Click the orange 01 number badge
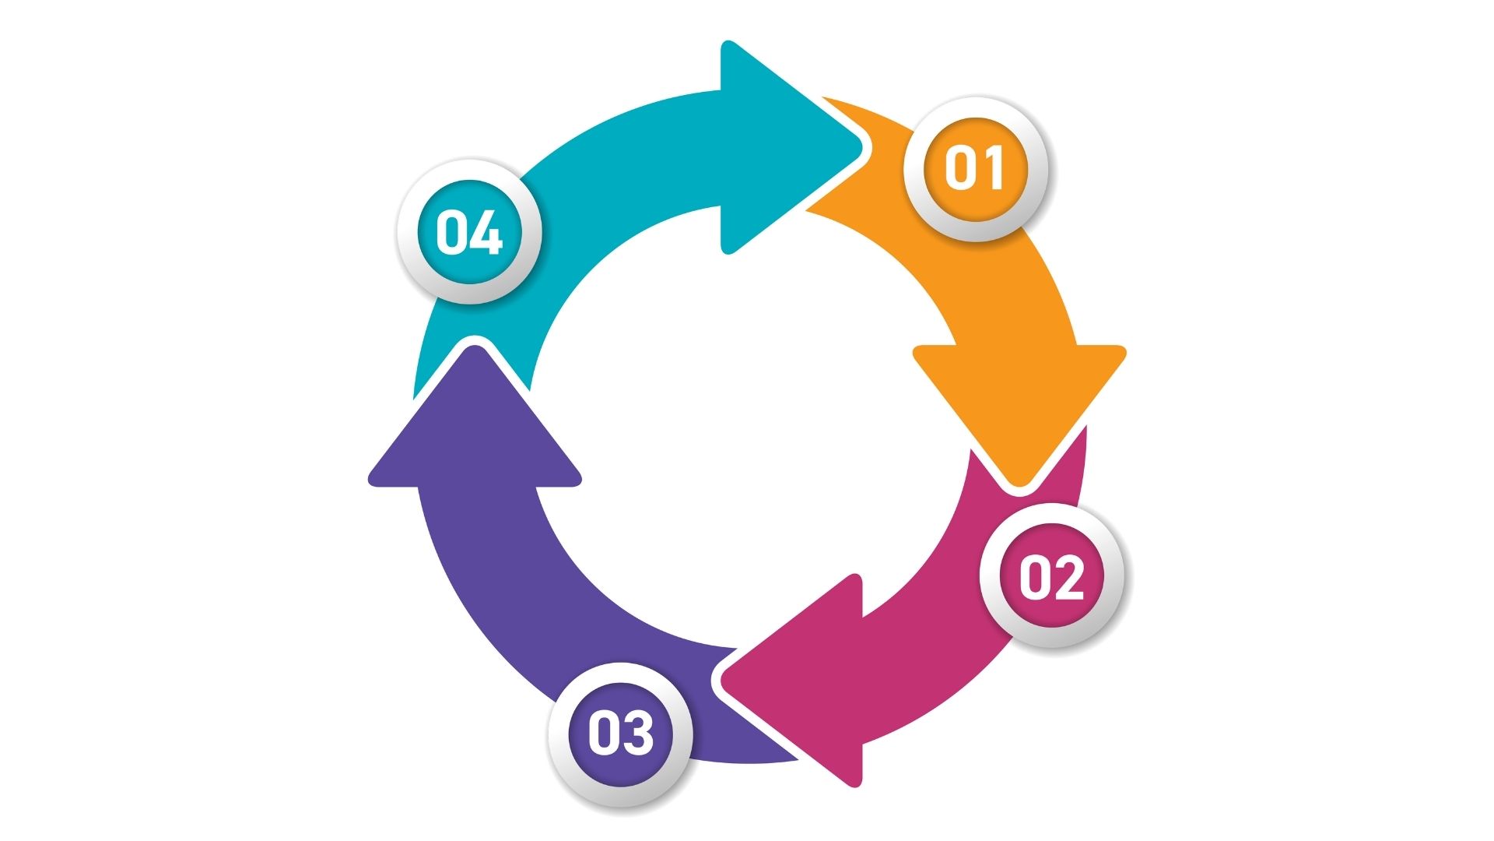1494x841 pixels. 975,168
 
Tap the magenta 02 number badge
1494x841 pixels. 1051,576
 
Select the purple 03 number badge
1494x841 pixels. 620,734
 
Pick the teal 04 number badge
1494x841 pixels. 469,231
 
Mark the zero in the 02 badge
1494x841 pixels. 1035,577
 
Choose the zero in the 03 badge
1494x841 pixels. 604,734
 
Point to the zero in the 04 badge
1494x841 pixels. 452,232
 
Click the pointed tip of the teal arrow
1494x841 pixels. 864,147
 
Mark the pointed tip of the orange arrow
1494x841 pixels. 1019,487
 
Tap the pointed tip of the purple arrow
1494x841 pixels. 475,346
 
